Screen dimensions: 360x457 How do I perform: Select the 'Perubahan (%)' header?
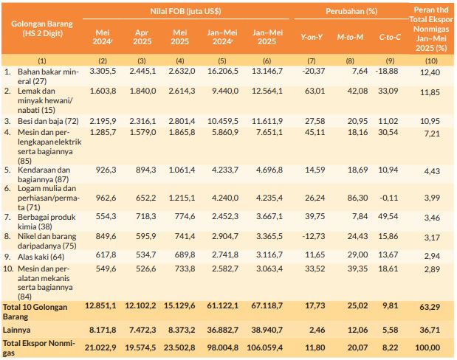point(353,13)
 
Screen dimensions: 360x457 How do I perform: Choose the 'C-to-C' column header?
point(389,36)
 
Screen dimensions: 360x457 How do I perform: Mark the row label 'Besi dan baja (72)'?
point(48,120)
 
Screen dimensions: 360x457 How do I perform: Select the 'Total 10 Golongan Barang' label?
point(37,309)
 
